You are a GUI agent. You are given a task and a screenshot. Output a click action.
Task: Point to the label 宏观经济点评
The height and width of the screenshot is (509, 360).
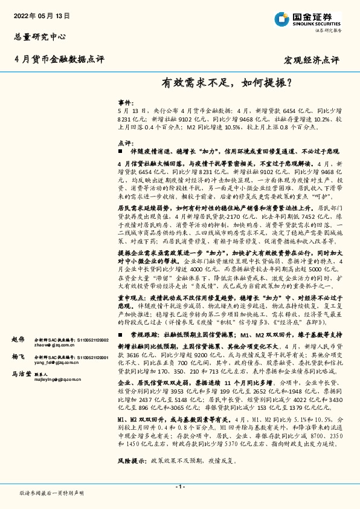(x=312, y=60)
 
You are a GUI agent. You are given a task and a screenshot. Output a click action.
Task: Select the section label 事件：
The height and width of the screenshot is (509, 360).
(x=124, y=103)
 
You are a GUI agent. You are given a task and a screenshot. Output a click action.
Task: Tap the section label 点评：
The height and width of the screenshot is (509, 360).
(x=124, y=143)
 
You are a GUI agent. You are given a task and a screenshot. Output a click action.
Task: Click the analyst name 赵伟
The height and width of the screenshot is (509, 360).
(x=18, y=340)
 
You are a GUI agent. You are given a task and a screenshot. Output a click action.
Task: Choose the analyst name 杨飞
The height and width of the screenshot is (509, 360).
(x=18, y=358)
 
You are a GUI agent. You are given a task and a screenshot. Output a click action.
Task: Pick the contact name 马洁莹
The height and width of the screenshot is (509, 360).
(x=22, y=375)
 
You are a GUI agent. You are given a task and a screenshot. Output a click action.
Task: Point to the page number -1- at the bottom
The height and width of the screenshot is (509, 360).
(x=179, y=487)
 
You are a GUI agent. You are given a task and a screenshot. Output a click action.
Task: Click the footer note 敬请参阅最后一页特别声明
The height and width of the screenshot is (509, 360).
(x=51, y=493)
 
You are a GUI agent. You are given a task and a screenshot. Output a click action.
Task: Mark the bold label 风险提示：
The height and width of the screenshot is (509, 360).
(x=133, y=461)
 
